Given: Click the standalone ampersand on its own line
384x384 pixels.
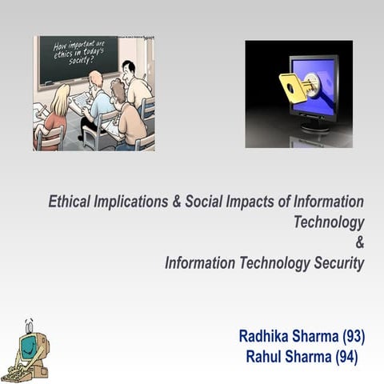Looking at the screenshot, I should [359, 242].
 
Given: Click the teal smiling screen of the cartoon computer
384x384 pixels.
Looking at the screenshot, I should [27, 350].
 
